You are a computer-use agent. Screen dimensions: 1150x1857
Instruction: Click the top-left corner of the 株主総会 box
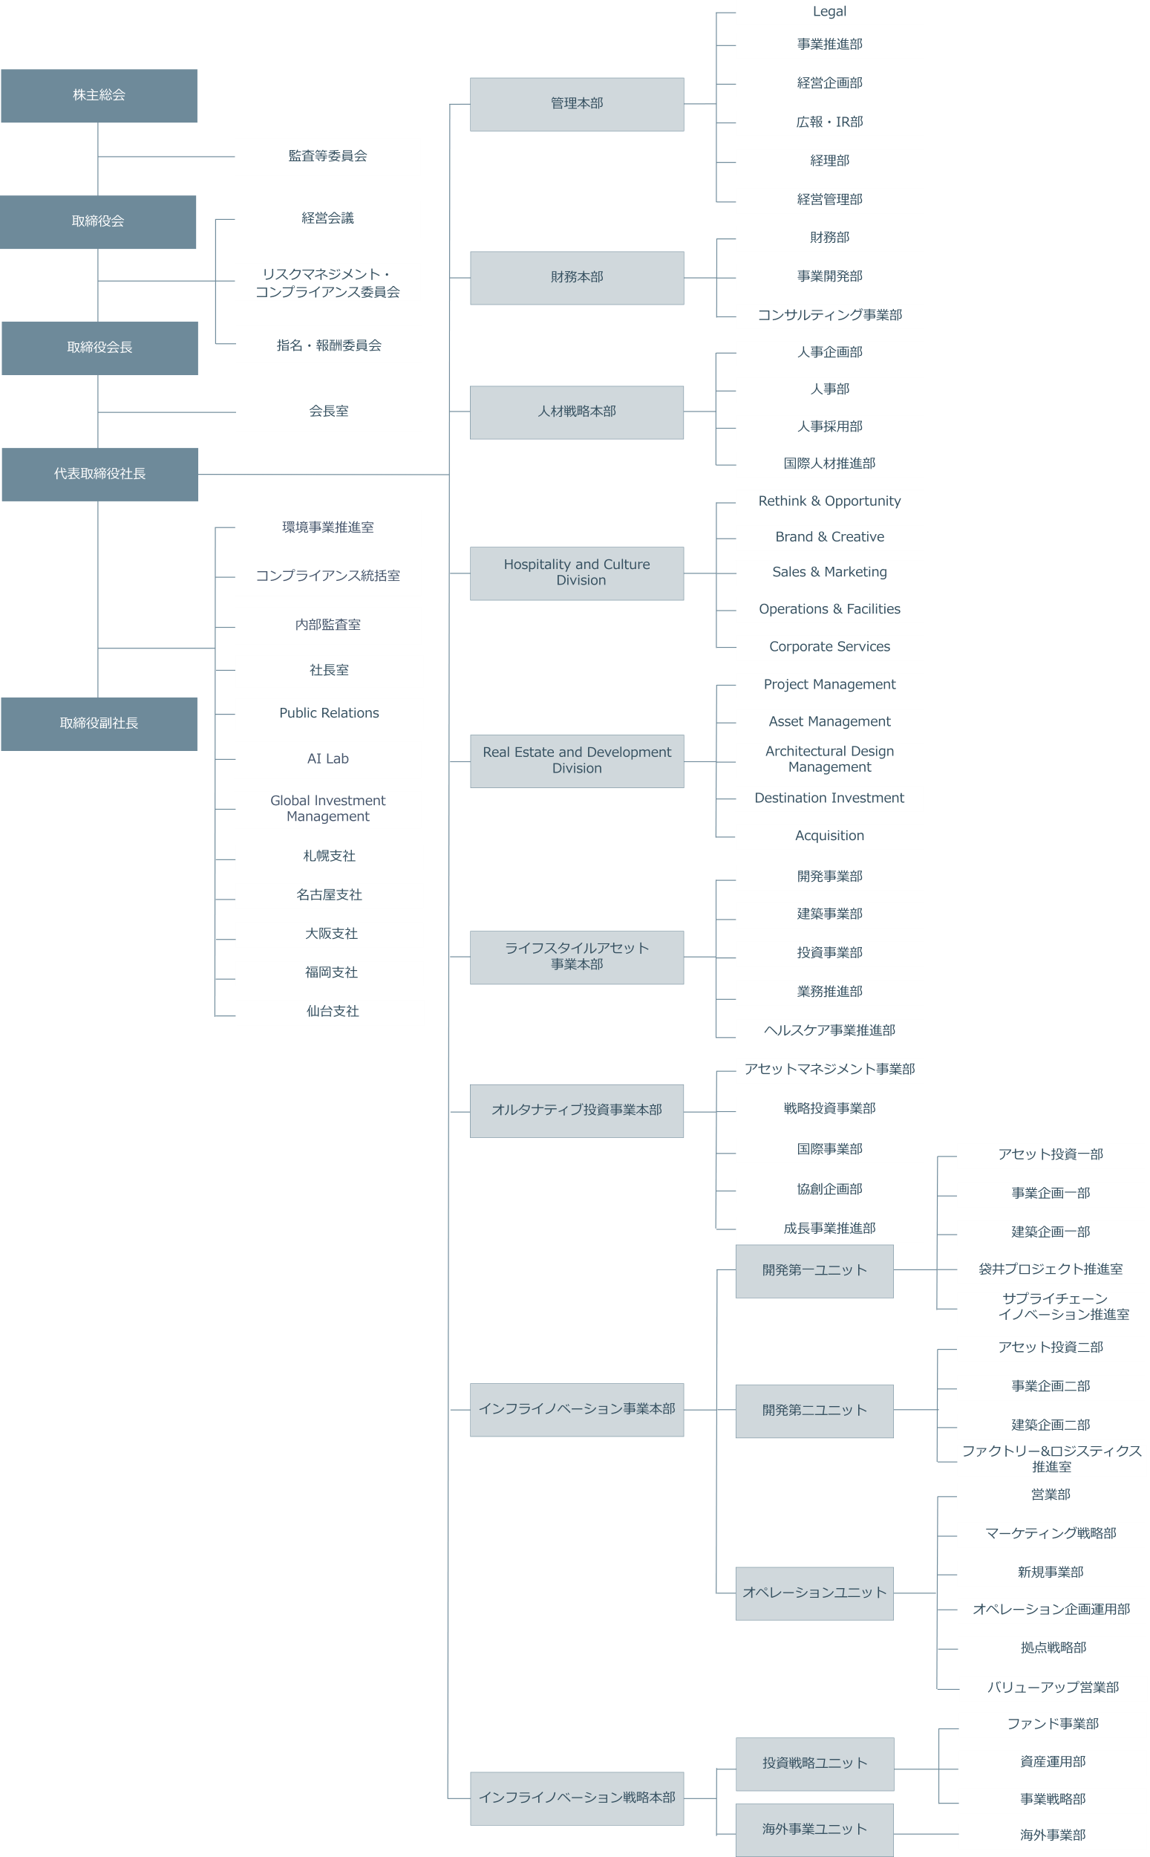(1, 70)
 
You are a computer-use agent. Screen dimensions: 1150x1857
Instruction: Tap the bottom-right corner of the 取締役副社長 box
(197, 751)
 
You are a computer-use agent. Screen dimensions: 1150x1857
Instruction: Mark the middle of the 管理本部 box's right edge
(684, 104)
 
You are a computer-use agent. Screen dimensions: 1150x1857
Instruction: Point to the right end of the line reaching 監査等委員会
(235, 157)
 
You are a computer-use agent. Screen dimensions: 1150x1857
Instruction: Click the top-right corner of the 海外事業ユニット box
(894, 1804)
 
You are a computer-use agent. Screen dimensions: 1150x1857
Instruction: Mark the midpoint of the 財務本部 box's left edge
(470, 278)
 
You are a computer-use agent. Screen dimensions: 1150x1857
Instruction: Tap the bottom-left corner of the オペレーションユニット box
(736, 1619)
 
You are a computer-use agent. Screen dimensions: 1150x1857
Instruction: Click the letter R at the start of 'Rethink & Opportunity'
(763, 501)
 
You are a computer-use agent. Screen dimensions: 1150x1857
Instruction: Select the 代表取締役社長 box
(100, 474)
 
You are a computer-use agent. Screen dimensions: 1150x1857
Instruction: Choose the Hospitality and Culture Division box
(577, 573)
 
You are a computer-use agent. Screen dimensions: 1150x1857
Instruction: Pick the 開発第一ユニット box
(814, 1270)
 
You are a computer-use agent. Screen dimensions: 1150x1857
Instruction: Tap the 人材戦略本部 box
(577, 412)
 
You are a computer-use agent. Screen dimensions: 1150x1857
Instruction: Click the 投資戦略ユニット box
(814, 1763)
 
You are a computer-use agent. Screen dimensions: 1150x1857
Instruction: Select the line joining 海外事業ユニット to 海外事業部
(926, 1834)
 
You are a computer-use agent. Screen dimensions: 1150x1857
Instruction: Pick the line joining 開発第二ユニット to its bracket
(915, 1410)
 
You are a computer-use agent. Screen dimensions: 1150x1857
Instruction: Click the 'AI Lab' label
(328, 758)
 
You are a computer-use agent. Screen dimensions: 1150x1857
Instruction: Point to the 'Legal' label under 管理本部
(829, 11)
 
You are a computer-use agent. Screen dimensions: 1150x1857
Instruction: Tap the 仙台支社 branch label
(333, 1011)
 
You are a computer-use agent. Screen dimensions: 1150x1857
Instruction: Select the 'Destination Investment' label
(829, 797)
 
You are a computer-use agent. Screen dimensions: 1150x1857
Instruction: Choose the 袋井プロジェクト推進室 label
(1051, 1269)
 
